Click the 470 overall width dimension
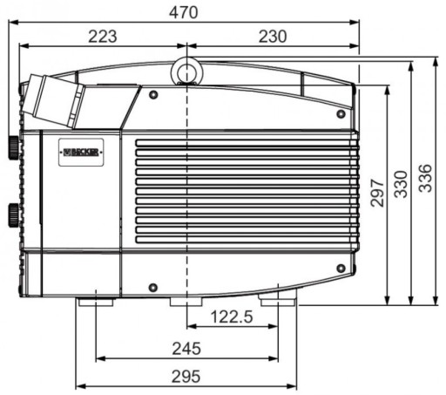(184, 12)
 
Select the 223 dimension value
(103, 37)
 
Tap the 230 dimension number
(273, 37)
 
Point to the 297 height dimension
(377, 193)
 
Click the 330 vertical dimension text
(401, 184)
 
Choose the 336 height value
(426, 178)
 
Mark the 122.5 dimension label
(232, 317)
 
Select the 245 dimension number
(186, 349)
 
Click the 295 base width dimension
(186, 377)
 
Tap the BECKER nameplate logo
(81, 152)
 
